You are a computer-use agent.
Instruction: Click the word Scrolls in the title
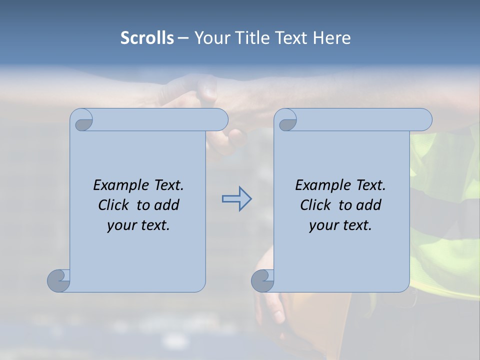[147, 38]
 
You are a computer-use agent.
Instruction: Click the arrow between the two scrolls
[236, 199]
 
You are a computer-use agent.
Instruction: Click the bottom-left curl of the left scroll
[58, 280]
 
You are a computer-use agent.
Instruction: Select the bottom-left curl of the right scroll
[262, 280]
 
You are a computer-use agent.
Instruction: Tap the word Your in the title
[210, 38]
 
